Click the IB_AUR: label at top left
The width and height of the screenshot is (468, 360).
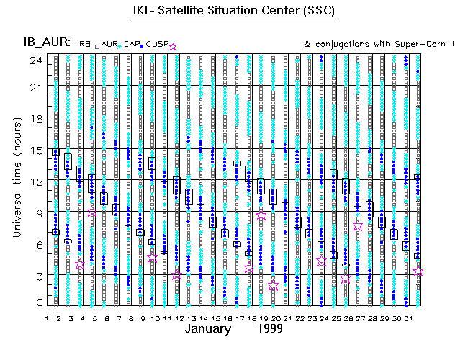click(44, 44)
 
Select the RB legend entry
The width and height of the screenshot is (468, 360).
click(85, 45)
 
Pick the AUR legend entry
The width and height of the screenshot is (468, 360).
click(109, 45)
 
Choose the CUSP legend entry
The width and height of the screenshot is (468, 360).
click(156, 45)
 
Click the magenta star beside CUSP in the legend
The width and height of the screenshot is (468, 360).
click(172, 47)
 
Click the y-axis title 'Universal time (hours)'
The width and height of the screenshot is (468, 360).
click(16, 183)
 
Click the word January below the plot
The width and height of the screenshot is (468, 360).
click(208, 329)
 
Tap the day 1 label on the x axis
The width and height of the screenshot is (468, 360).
click(48, 318)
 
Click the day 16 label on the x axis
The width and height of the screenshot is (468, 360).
click(227, 318)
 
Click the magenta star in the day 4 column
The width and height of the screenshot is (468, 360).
click(80, 265)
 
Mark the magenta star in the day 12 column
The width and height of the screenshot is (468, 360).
click(177, 275)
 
